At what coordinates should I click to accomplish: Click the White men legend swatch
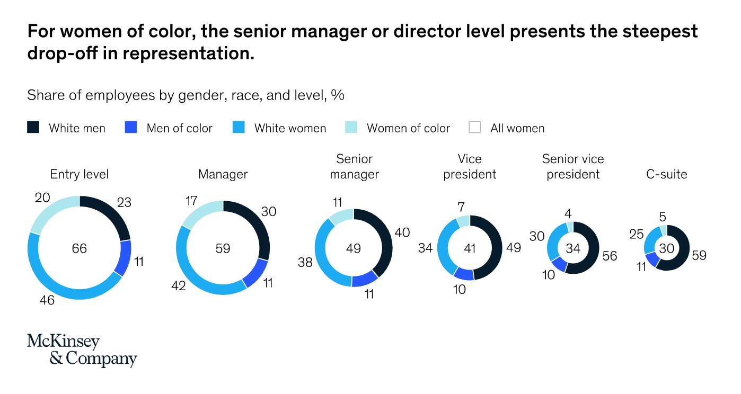pyautogui.click(x=33, y=128)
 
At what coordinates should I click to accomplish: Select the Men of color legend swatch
pyautogui.click(x=130, y=128)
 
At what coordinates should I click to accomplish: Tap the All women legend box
pyautogui.click(x=475, y=128)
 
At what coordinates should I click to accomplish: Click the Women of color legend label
pyautogui.click(x=408, y=128)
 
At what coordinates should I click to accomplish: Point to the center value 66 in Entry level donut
pyautogui.click(x=80, y=248)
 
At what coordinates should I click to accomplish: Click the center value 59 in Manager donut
pyautogui.click(x=223, y=248)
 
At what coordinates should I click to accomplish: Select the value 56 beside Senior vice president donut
pyautogui.click(x=610, y=256)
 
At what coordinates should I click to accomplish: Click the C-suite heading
pyautogui.click(x=667, y=174)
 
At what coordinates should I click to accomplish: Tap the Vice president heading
pyautogui.click(x=470, y=166)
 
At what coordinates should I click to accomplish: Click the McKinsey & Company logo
pyautogui.click(x=82, y=350)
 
